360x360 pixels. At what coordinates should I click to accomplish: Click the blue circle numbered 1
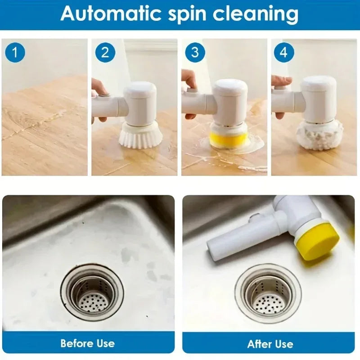[x=15, y=52]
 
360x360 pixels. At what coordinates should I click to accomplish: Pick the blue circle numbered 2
[x=105, y=52]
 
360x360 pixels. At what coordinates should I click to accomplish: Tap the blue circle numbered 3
[x=195, y=52]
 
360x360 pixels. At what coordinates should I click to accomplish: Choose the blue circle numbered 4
[x=283, y=52]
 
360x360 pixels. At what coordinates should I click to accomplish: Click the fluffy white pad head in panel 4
[x=319, y=135]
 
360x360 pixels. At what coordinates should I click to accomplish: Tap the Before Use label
[x=88, y=343]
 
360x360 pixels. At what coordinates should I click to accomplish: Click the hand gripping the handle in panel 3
[x=189, y=81]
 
